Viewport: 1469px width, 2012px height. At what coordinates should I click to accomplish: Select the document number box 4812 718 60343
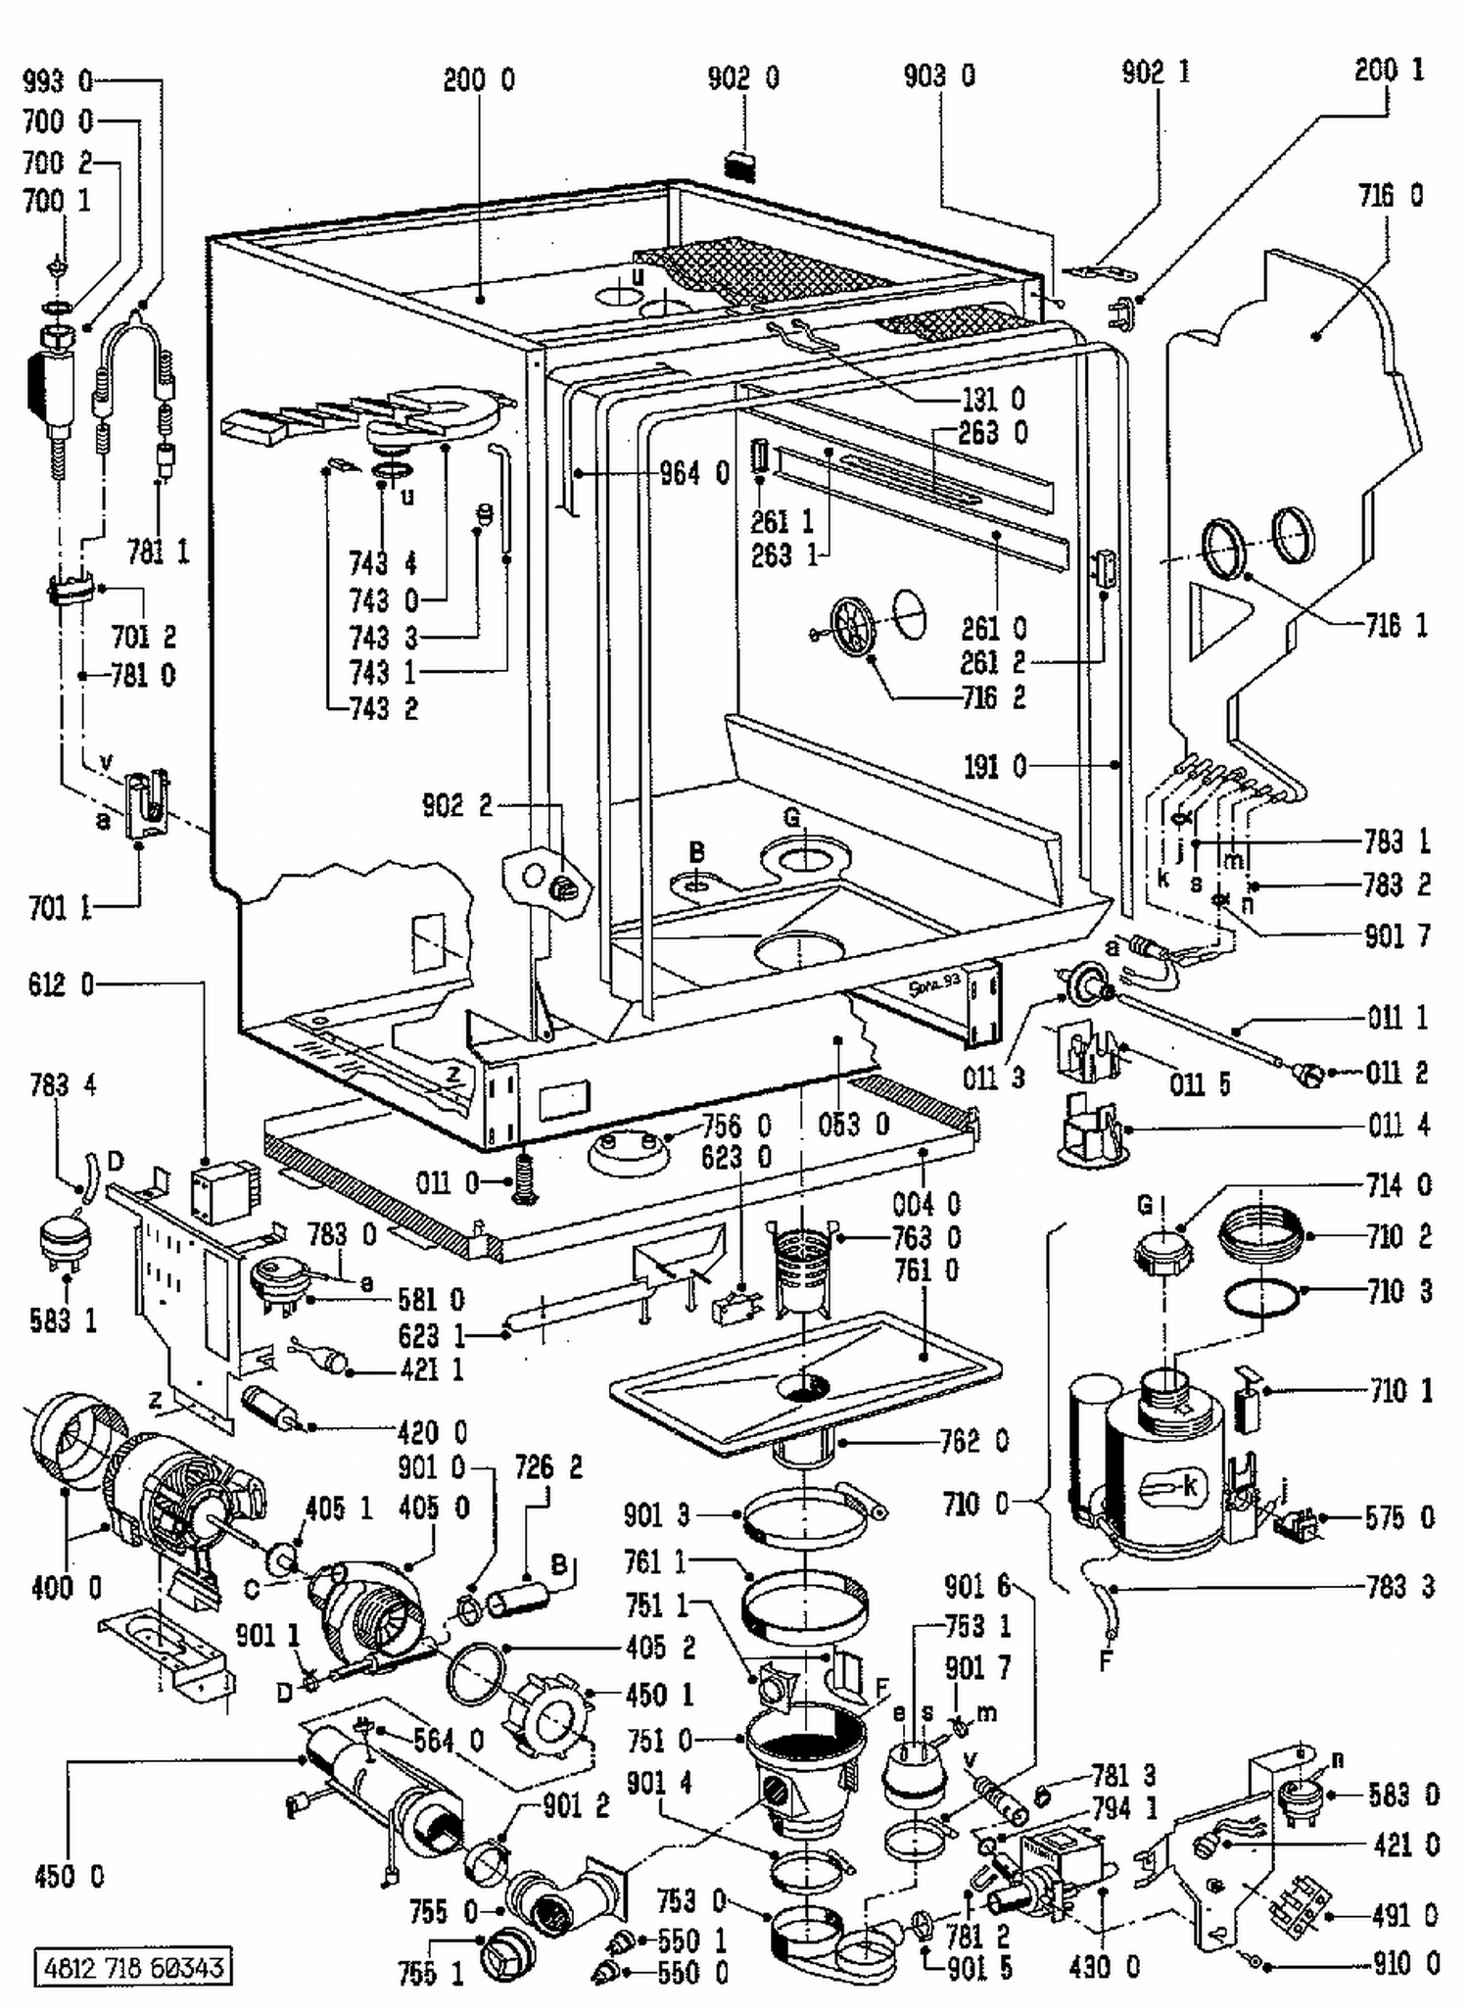(133, 1967)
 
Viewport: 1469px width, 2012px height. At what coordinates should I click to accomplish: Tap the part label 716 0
(1390, 196)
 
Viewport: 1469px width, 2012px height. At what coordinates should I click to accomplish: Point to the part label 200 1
(1389, 71)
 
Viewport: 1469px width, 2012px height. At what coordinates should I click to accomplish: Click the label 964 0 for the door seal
(694, 474)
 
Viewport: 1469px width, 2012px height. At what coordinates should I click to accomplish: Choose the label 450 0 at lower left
(69, 1877)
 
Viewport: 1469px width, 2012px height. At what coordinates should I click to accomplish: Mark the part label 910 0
(1405, 1963)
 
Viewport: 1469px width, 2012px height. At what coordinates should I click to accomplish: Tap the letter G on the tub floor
(792, 817)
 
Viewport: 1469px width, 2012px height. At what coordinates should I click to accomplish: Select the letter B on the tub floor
(696, 851)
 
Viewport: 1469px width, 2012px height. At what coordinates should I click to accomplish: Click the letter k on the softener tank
(1190, 1485)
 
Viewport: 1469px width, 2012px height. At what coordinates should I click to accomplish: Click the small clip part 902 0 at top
(742, 165)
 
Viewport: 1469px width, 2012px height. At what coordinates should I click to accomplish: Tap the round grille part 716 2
(852, 628)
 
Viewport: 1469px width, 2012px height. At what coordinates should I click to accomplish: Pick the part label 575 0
(1399, 1517)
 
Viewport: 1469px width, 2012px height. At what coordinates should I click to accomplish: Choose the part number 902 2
(456, 805)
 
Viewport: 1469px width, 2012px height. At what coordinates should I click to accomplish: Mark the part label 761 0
(926, 1270)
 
